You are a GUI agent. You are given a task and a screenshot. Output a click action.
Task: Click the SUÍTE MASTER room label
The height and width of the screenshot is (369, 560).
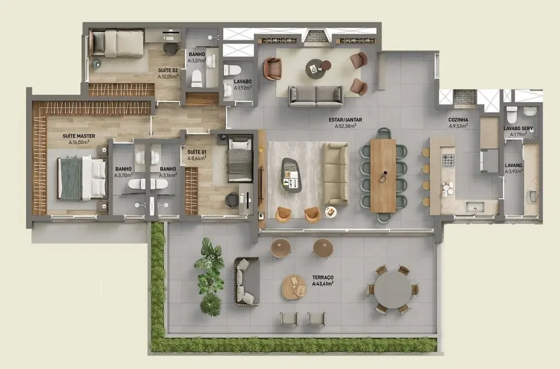click(x=78, y=136)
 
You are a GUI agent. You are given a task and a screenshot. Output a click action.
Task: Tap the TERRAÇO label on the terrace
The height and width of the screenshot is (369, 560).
click(x=323, y=276)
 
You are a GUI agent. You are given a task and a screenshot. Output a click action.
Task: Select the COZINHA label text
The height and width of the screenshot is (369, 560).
click(x=458, y=120)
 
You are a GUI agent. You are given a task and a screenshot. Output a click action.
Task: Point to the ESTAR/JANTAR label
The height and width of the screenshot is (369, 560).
click(x=345, y=120)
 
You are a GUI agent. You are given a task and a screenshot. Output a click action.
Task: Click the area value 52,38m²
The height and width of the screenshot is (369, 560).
click(x=345, y=127)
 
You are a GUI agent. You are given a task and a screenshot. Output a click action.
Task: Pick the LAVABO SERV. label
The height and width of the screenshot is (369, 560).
click(x=518, y=128)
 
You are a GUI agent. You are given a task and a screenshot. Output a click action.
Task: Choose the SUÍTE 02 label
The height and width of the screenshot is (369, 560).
click(x=168, y=70)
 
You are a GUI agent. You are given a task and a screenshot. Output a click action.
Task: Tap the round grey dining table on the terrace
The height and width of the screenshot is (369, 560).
click(x=392, y=290)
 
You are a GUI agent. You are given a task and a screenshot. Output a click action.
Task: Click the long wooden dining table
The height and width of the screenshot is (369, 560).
click(x=383, y=175)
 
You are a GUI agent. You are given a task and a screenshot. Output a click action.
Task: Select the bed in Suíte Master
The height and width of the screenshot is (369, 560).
click(x=82, y=178)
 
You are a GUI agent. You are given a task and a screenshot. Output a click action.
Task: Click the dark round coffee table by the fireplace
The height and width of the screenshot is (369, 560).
click(x=314, y=69)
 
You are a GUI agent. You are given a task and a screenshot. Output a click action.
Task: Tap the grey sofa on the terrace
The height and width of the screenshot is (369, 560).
click(x=247, y=281)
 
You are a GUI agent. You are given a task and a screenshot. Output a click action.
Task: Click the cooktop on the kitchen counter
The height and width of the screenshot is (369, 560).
click(x=449, y=160)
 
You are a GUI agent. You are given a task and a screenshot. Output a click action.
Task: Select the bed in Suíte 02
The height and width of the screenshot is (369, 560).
click(x=118, y=44)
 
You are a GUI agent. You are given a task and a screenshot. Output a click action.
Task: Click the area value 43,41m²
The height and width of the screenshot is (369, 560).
click(x=322, y=283)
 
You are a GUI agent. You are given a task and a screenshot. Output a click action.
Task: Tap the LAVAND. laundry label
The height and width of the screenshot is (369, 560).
click(x=513, y=166)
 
